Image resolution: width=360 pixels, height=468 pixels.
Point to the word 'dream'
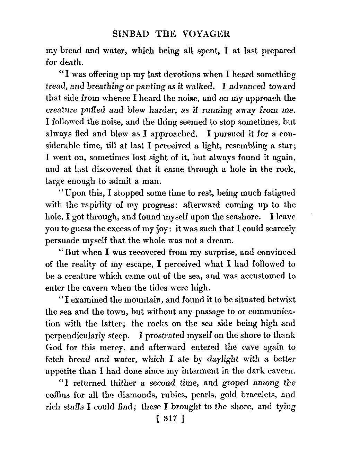(219, 241)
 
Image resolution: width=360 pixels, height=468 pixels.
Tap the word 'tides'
(160, 288)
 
